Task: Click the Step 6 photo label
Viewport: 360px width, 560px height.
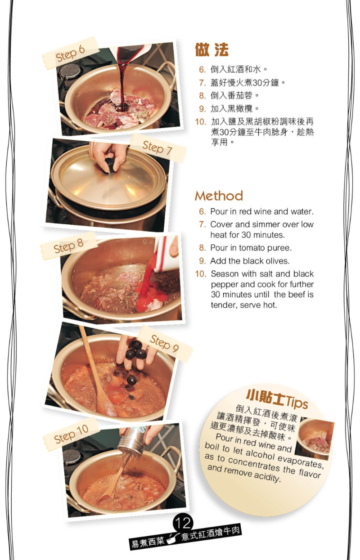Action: point(70,53)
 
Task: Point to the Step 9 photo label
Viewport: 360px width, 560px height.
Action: point(165,344)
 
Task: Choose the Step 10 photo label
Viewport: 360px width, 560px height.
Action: point(71,434)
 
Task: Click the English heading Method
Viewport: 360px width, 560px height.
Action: point(219,196)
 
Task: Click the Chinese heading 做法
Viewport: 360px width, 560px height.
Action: point(211,50)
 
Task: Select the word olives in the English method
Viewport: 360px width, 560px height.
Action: point(277,261)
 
